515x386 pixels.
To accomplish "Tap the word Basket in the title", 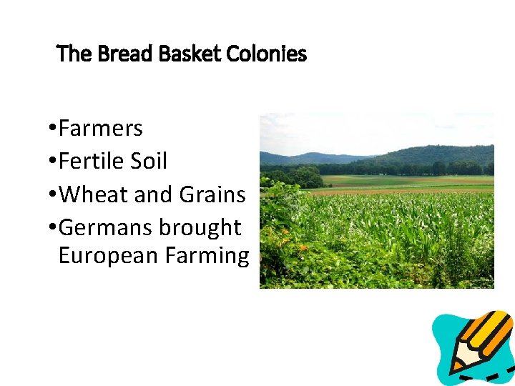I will (173, 54).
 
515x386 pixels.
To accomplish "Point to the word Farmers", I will (101, 129).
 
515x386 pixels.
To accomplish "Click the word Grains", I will (212, 194).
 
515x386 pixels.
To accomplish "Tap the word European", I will (108, 255).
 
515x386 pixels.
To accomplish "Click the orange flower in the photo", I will (303, 247).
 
